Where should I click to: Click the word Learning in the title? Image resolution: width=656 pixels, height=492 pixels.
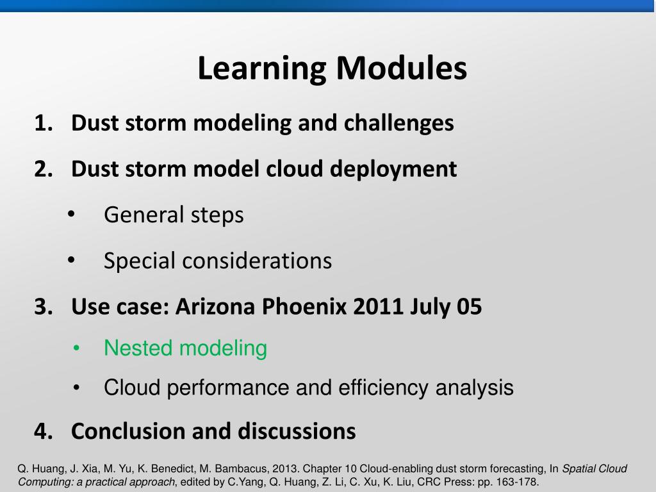pos(261,69)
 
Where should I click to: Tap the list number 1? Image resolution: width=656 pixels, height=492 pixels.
pos(43,123)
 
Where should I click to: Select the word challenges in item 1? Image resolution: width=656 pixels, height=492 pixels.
pos(398,124)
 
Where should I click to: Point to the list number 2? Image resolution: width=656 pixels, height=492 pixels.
pos(44,169)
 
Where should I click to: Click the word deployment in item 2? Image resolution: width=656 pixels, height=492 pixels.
pos(393,170)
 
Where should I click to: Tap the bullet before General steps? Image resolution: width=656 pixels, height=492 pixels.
pos(71,214)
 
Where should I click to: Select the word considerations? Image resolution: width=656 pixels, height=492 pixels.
pos(257,261)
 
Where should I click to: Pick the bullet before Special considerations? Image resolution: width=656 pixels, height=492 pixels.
pos(71,260)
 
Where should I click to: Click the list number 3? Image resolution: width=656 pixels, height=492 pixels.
pos(44,307)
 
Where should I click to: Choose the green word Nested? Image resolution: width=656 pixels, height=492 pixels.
pos(138,348)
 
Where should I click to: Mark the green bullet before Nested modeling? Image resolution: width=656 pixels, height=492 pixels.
pos(76,348)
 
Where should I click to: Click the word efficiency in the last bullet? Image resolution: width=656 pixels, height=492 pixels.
pos(383,388)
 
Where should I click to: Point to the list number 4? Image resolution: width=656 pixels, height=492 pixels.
pos(44,431)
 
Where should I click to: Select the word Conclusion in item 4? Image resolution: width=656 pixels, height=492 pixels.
pos(128,431)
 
